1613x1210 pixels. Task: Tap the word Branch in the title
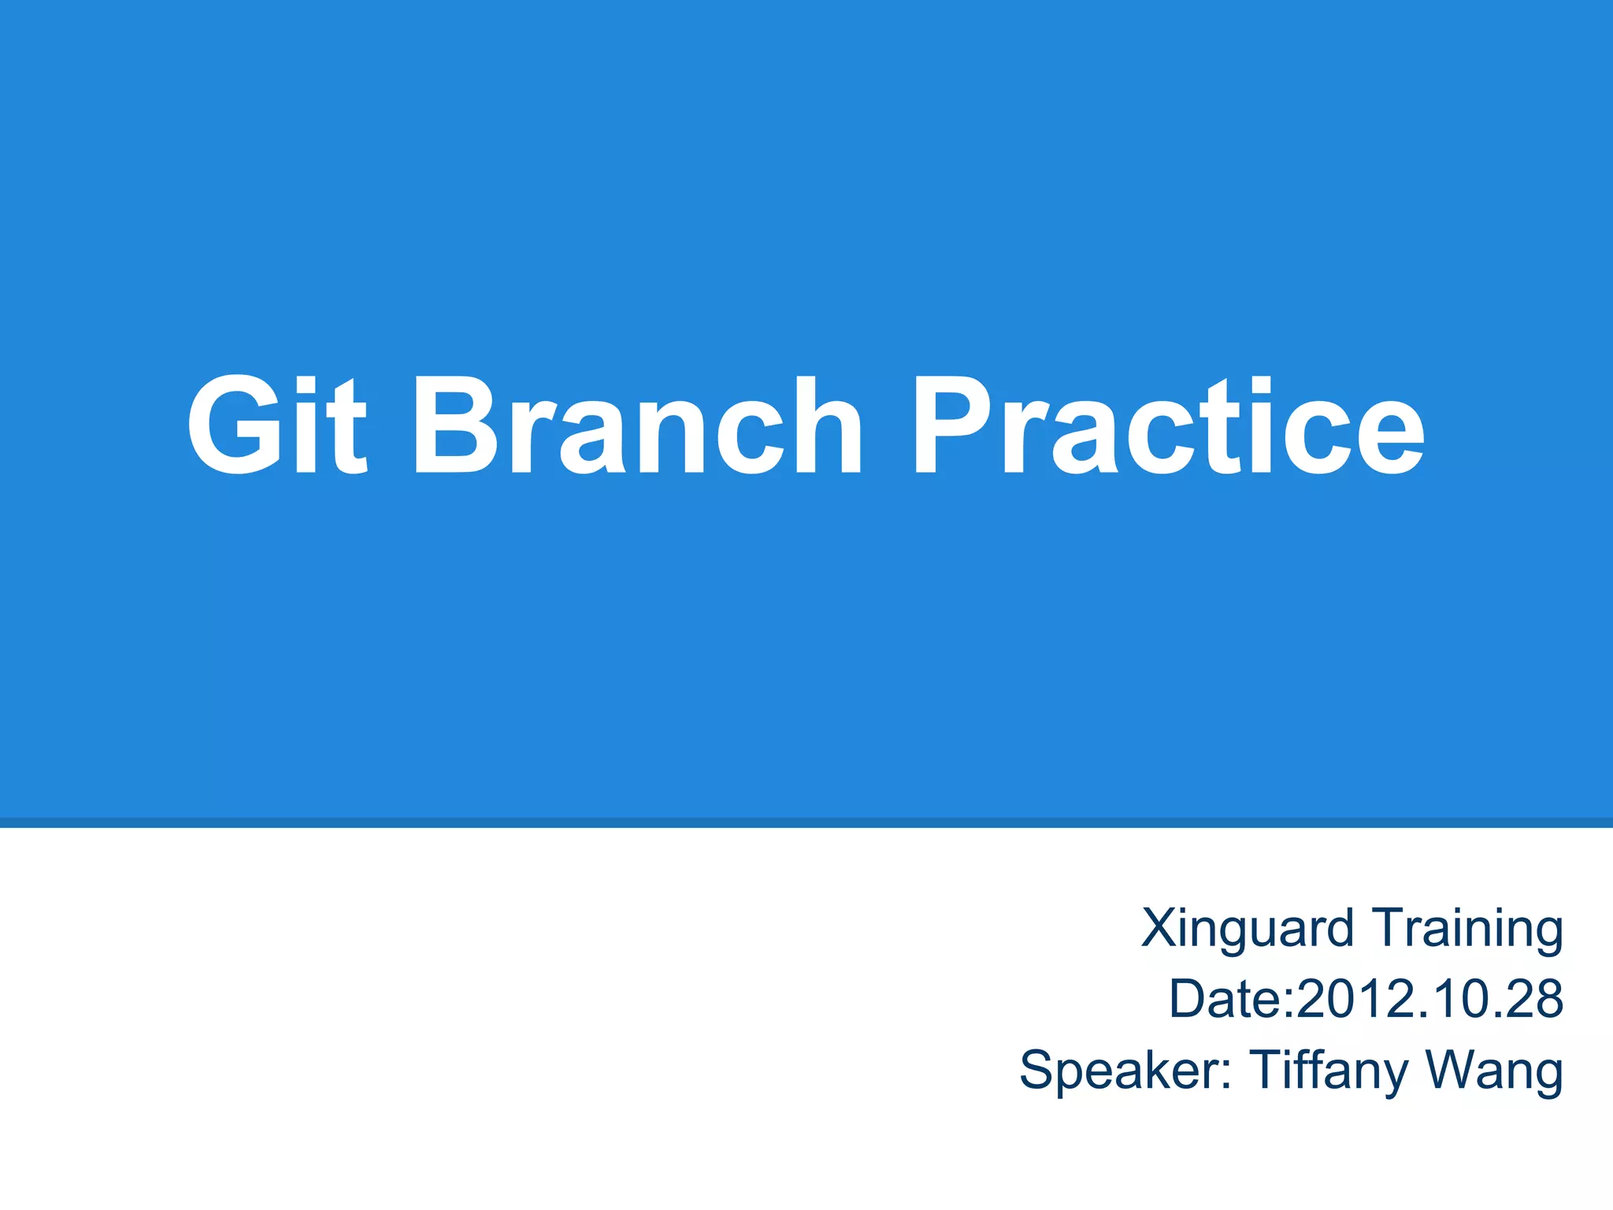tap(638, 425)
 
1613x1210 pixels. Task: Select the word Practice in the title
tap(1169, 425)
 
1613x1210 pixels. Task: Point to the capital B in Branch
tap(456, 425)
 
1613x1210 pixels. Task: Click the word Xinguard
tap(1248, 930)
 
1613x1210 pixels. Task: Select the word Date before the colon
tap(1226, 999)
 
